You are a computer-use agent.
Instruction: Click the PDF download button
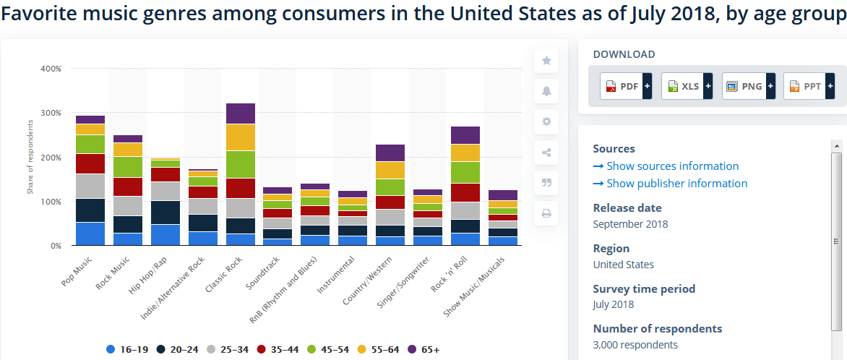pyautogui.click(x=626, y=86)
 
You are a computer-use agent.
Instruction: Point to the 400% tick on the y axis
pyautogui.click(x=51, y=69)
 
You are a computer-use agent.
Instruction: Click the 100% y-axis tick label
pyautogui.click(x=51, y=202)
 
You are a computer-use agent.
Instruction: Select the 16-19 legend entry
pyautogui.click(x=126, y=350)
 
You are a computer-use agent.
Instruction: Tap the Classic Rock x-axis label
pyautogui.click(x=223, y=276)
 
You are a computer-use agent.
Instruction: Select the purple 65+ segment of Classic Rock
pyautogui.click(x=241, y=113)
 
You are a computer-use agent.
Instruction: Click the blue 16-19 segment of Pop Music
pyautogui.click(x=90, y=233)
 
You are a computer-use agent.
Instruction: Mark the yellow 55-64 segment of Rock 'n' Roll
pyautogui.click(x=465, y=153)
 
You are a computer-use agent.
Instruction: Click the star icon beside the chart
pyautogui.click(x=546, y=61)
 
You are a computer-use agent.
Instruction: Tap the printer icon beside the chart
pyautogui.click(x=546, y=213)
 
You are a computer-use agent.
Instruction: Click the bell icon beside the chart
pyautogui.click(x=546, y=91)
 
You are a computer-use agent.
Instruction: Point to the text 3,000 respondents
pyautogui.click(x=635, y=345)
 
